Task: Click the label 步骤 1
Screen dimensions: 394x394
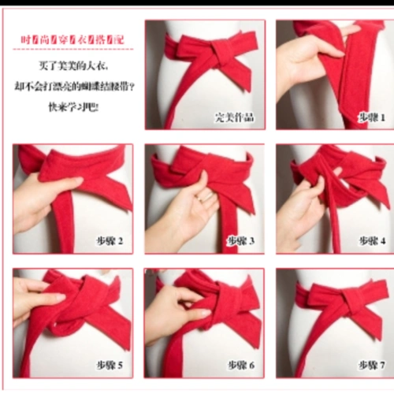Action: [x=372, y=117]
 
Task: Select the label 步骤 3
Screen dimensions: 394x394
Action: [x=241, y=240]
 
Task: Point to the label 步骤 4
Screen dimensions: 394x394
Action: [x=372, y=240]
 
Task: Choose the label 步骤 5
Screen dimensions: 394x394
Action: [x=109, y=365]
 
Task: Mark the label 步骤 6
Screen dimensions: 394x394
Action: [x=241, y=365]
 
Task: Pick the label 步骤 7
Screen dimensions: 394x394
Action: [x=372, y=365]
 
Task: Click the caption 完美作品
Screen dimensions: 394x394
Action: [x=234, y=118]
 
